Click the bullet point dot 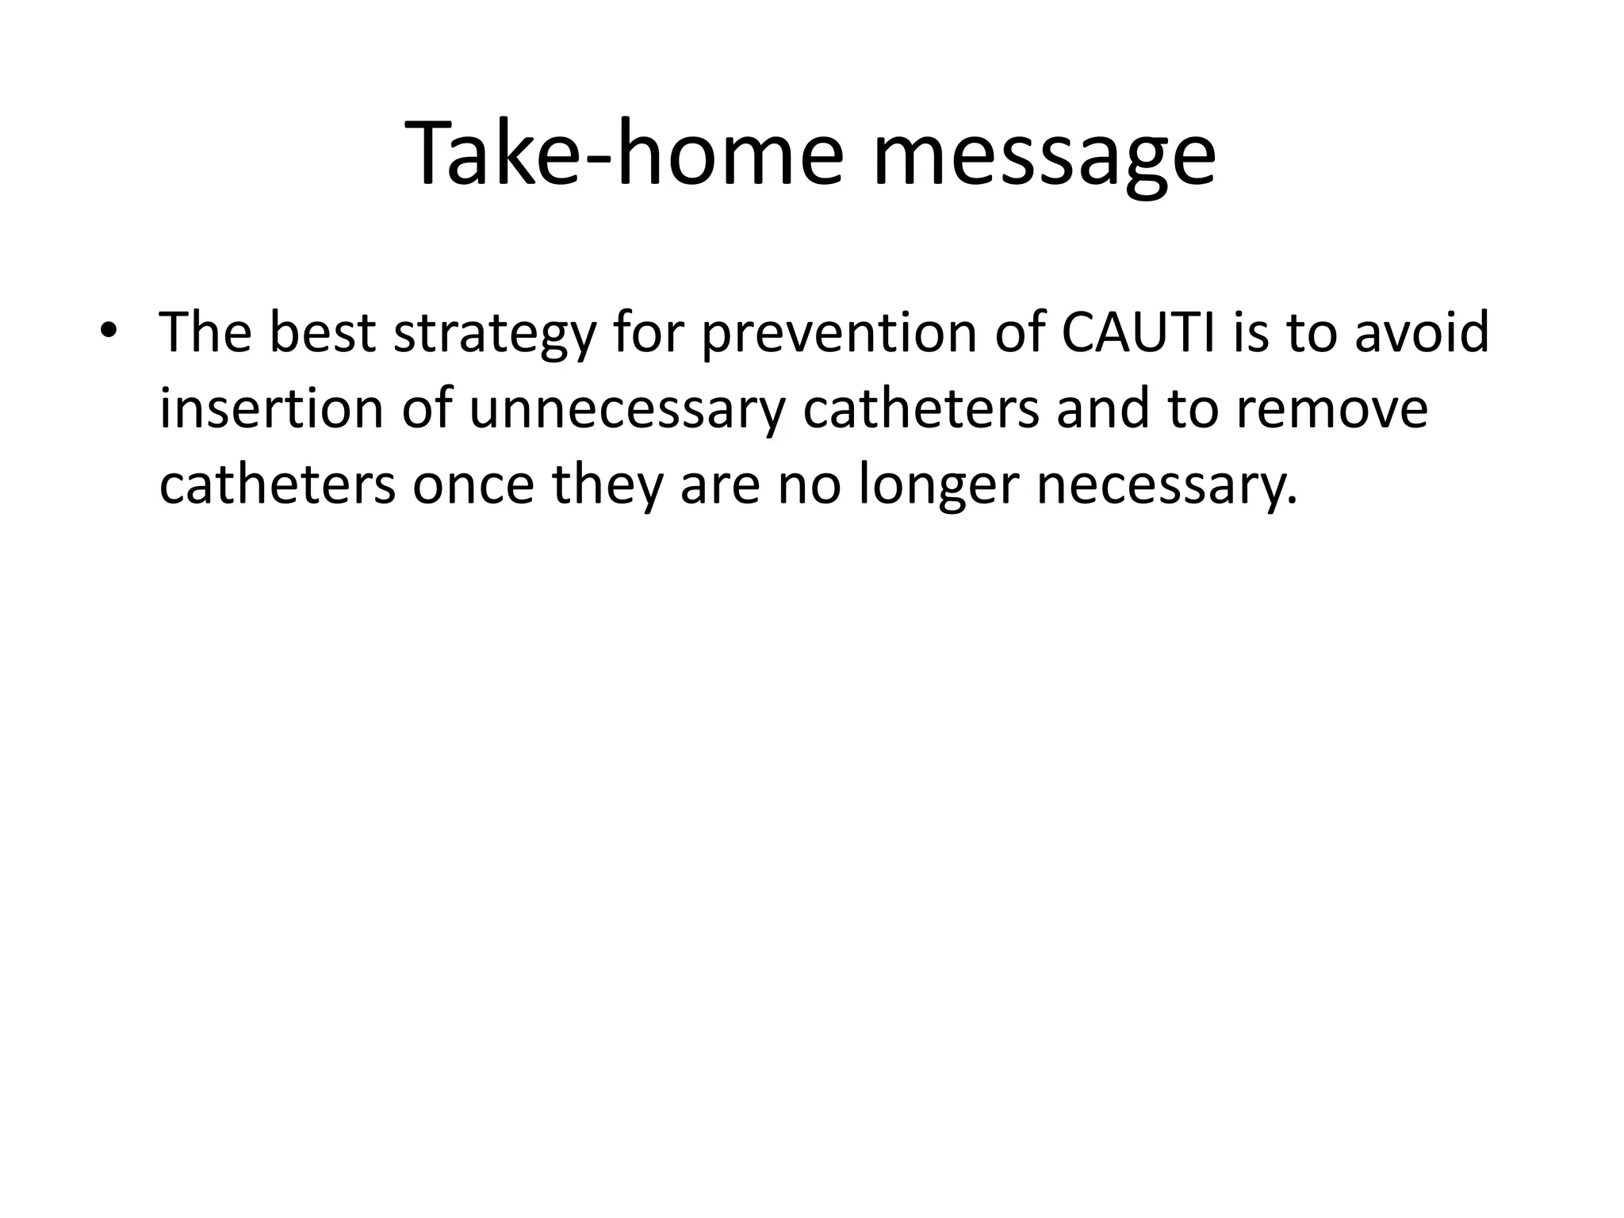click(x=109, y=331)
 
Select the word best click(x=321, y=332)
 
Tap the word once click(x=473, y=485)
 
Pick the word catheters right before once click(x=277, y=485)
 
